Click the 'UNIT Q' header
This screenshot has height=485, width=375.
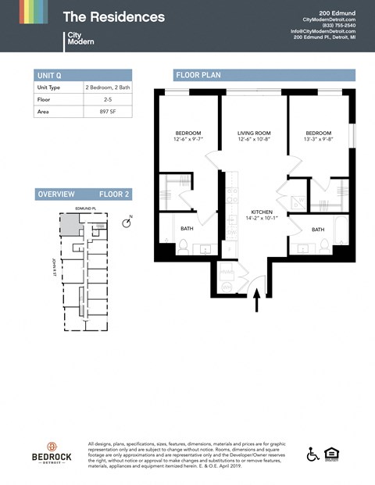click(x=49, y=75)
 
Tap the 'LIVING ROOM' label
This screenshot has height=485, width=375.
click(x=254, y=134)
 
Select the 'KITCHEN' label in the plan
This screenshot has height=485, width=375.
click(x=262, y=212)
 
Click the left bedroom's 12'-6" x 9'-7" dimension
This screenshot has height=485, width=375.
click(x=188, y=140)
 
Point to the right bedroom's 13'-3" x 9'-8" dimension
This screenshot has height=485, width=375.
click(x=318, y=140)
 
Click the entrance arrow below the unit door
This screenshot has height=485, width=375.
click(x=257, y=301)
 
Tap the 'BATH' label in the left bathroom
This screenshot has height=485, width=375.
click(x=187, y=229)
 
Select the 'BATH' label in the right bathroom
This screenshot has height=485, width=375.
click(x=318, y=230)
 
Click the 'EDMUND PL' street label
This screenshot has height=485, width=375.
click(x=84, y=209)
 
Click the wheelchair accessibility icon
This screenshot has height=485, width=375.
click(x=313, y=454)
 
